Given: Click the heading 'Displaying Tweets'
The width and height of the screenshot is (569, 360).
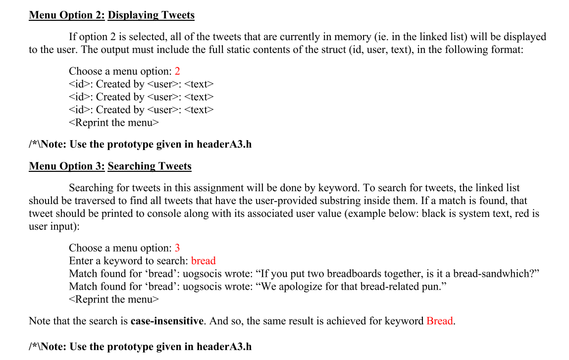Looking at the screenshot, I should click(x=151, y=15).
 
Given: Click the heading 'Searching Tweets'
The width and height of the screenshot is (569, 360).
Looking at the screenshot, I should click(x=150, y=166).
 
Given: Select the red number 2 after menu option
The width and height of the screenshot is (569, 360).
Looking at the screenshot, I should click(x=177, y=71).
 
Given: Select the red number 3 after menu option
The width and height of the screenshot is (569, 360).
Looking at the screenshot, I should click(x=177, y=248).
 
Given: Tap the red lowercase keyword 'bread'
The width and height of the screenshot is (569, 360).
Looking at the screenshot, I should click(x=203, y=260).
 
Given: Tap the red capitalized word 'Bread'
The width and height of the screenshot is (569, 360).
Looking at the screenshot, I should click(x=439, y=321).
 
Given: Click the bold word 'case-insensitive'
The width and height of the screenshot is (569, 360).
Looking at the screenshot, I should click(x=167, y=321).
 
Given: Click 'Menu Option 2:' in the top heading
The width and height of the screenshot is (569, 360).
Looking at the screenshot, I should click(x=67, y=15).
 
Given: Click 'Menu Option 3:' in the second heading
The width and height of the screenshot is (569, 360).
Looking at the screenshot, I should click(x=67, y=166).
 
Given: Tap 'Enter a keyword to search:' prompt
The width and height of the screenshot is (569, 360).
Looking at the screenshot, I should click(x=128, y=260).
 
